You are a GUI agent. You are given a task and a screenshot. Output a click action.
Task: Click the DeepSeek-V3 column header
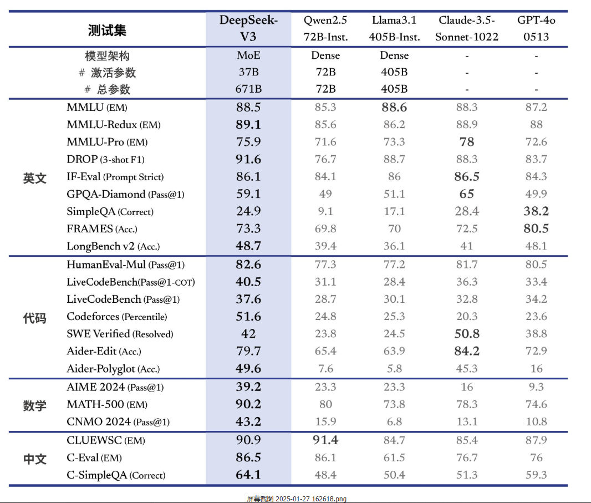click(248, 28)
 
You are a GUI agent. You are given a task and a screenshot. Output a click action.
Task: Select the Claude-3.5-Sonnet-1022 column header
click(467, 28)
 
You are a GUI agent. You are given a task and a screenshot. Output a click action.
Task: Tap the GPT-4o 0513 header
click(536, 28)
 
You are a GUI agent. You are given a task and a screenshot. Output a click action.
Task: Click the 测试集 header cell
click(107, 30)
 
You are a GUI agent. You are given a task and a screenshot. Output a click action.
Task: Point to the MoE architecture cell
click(248, 55)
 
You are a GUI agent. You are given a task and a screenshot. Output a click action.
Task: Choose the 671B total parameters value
click(248, 89)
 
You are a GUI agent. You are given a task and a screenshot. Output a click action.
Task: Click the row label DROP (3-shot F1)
click(105, 159)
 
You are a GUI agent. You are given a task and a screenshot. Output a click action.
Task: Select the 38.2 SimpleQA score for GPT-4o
click(536, 211)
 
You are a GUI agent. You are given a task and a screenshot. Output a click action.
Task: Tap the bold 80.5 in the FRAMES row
click(536, 228)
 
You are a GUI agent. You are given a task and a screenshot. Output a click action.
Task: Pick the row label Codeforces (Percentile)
click(117, 316)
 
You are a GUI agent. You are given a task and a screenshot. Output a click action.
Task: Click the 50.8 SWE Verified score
click(467, 334)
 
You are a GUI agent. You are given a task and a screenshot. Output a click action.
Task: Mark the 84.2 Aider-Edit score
click(467, 351)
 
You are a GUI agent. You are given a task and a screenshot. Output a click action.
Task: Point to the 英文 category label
click(35, 178)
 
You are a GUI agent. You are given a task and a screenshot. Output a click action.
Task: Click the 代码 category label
click(35, 318)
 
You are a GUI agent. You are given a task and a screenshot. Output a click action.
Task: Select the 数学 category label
click(35, 406)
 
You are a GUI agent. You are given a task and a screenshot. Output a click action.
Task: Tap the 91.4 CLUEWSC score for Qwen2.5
click(325, 440)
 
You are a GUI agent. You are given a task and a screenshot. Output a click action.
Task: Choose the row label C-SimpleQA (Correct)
click(116, 475)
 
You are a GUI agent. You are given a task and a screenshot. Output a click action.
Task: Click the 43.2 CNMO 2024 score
click(248, 421)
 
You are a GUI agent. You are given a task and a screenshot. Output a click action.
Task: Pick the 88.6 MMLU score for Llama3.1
click(394, 107)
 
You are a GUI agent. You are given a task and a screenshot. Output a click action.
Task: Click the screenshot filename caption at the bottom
click(297, 499)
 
